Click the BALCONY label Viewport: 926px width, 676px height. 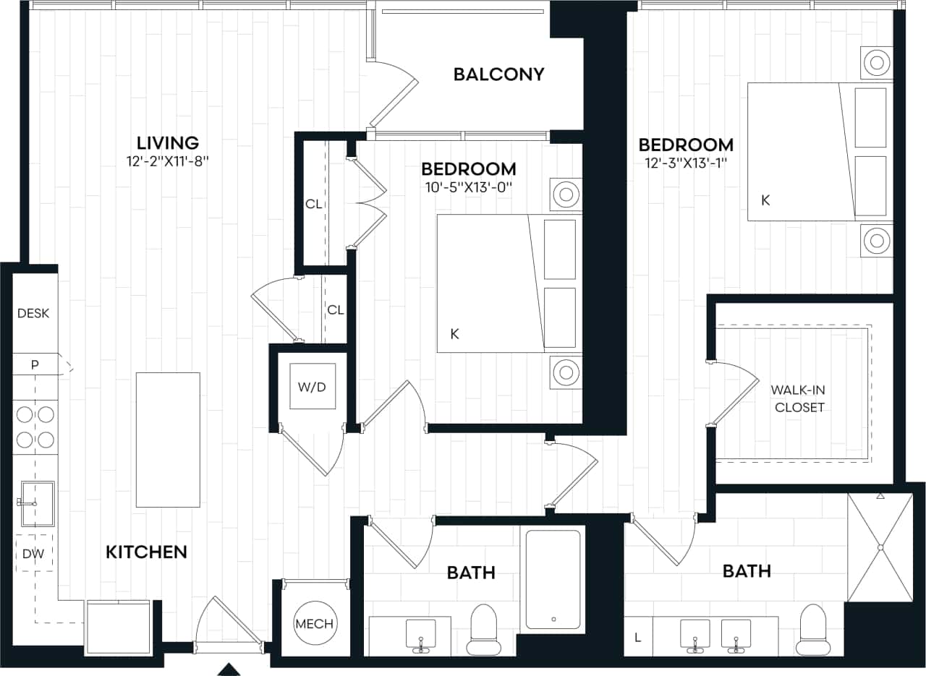click(498, 74)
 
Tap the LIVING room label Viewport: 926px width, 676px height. click(168, 142)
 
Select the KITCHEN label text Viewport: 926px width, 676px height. click(147, 552)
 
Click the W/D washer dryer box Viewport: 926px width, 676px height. click(313, 386)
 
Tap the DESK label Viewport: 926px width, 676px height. click(33, 314)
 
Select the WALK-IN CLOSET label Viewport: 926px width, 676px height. click(797, 398)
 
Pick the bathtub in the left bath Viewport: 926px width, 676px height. click(553, 579)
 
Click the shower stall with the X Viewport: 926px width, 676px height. click(880, 547)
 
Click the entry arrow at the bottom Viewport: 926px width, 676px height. click(229, 669)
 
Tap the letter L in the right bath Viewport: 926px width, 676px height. click(637, 637)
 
